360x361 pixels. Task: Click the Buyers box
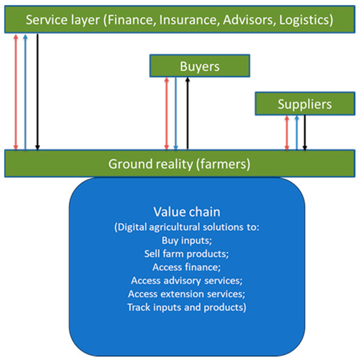[x=200, y=66]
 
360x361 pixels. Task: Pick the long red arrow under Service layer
[x=16, y=92]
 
